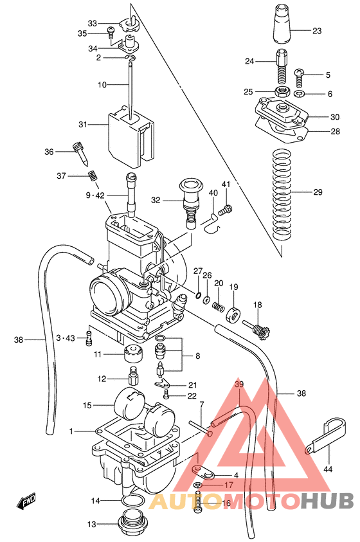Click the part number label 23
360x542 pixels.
click(x=317, y=30)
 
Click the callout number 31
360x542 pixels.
click(x=100, y=125)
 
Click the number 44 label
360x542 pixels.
click(x=328, y=470)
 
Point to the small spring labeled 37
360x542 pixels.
click(x=92, y=175)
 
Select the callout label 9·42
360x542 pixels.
click(x=94, y=195)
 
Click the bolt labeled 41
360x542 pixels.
click(x=227, y=208)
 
